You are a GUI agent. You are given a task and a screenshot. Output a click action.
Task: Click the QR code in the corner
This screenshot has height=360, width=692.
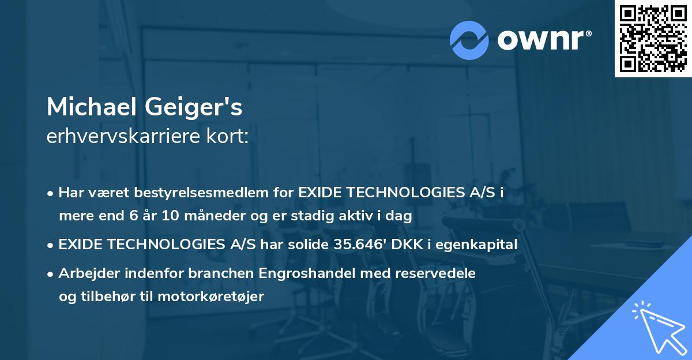point(653,39)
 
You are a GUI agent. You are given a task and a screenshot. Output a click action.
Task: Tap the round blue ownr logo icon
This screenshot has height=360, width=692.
point(469,40)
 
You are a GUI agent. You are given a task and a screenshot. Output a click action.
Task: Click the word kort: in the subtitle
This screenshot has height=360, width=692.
point(230,137)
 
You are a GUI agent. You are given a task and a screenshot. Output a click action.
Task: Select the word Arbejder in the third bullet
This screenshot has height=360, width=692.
point(85,273)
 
